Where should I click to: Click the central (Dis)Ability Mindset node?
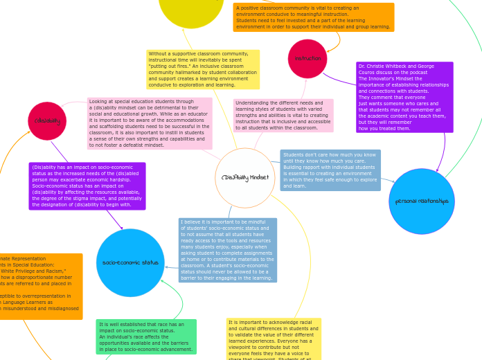[245, 178]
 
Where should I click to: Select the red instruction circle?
[307, 59]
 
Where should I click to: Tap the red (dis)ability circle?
[47, 121]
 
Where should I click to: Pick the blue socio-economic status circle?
[130, 262]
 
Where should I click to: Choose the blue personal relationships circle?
[422, 201]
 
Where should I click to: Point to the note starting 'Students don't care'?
[330, 170]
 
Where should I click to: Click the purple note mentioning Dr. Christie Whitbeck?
[404, 97]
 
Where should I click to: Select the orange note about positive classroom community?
[313, 17]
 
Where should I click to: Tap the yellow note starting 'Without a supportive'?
[203, 69]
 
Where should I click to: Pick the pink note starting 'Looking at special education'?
[150, 123]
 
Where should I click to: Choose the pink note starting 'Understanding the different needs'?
[283, 115]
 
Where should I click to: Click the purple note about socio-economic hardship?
[87, 186]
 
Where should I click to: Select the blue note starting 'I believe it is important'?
[227, 250]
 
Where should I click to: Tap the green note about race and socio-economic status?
[146, 336]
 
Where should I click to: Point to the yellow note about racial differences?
[274, 339]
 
